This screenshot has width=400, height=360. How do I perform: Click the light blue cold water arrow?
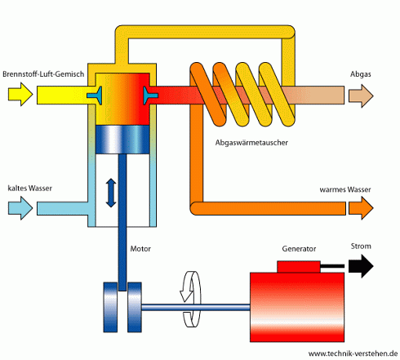(x=20, y=210)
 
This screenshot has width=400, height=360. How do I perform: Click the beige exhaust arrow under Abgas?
(x=360, y=96)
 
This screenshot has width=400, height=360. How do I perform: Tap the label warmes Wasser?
(x=344, y=189)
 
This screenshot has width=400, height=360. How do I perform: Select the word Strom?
(x=361, y=246)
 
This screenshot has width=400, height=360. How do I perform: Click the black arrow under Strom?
(x=359, y=265)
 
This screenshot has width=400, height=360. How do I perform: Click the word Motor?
(x=141, y=247)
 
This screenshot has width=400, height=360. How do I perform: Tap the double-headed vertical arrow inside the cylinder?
(x=111, y=193)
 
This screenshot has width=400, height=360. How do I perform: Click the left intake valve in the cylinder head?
(x=98, y=96)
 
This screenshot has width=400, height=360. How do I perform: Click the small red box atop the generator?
(x=299, y=266)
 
